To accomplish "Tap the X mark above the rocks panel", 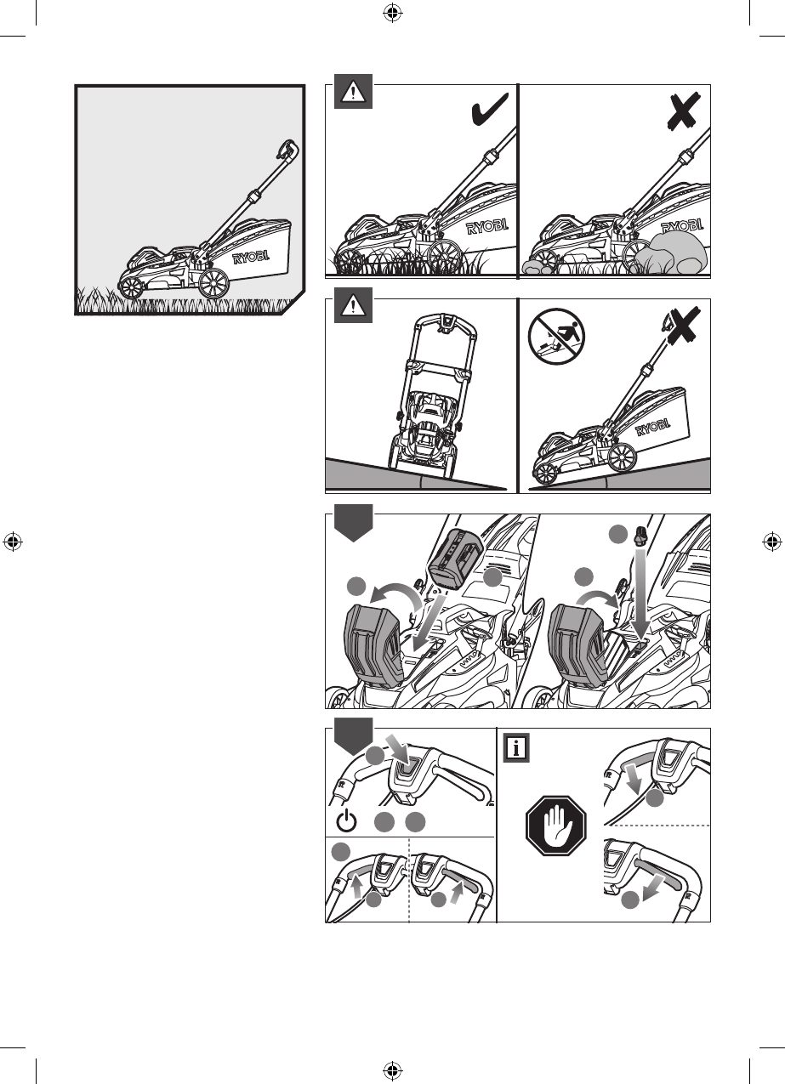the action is pos(683,110).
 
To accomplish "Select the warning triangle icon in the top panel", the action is pos(353,92).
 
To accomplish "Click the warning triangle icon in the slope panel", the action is pos(353,305).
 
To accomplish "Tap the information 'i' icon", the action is pos(516,748).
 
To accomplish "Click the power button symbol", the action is pos(346,821).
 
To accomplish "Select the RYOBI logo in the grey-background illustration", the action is pos(251,257).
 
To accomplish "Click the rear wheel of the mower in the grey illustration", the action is pos(213,282).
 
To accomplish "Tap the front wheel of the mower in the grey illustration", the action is pos(132,288).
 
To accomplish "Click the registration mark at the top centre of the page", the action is pos(393,13).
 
